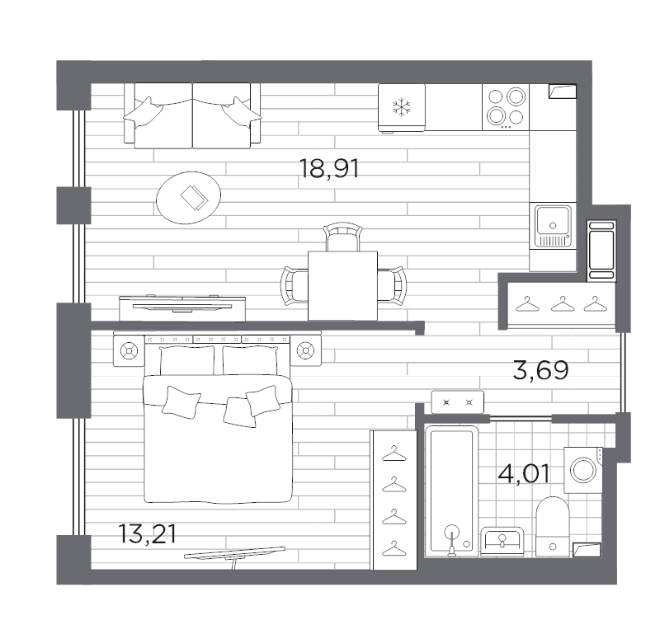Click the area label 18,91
pos(331,170)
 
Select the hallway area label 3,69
pos(540,370)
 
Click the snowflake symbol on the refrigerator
pos(402,106)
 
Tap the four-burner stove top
pos(506,106)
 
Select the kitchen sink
pos(551,222)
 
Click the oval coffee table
pos(189,198)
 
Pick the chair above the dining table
pos(342,238)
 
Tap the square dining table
pos(342,285)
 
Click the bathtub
pos(451,491)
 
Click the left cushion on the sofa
pos(145,110)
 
